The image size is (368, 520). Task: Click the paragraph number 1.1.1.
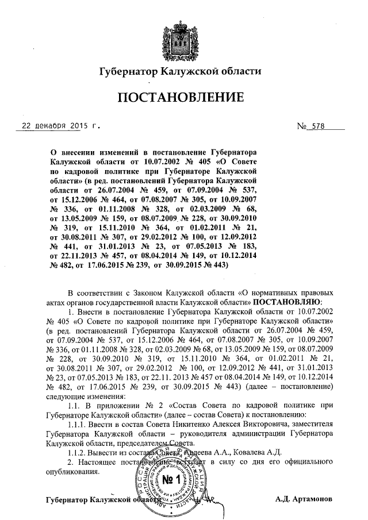pos(80,424)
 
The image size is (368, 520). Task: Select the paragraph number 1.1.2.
pos(80,452)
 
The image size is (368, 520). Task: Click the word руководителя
pos(233,433)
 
